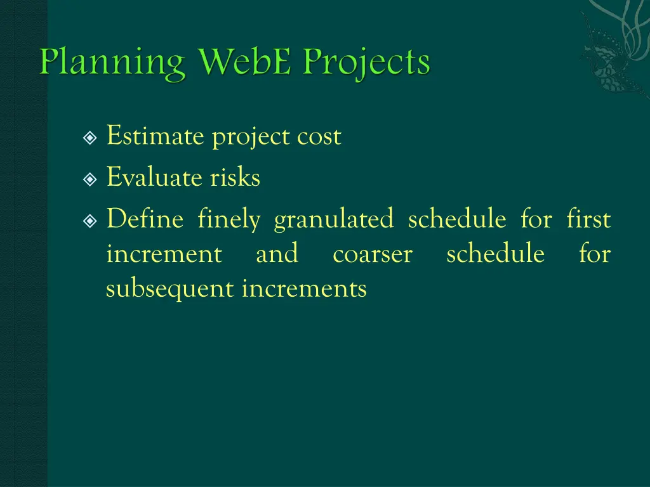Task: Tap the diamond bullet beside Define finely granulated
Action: pos(90,221)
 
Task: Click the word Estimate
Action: pos(155,136)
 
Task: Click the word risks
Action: pos(235,178)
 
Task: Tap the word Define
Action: pos(145,219)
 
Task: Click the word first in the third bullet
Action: pos(588,219)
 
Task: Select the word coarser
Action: pos(373,254)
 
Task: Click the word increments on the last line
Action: pos(304,289)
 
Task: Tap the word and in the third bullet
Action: pos(276,254)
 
